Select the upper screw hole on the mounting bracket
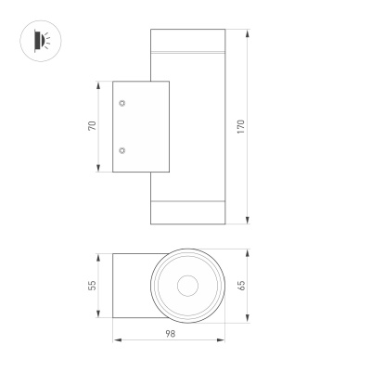122,104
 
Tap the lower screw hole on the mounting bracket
122,149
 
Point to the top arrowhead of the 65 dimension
249,251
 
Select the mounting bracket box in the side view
139,126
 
